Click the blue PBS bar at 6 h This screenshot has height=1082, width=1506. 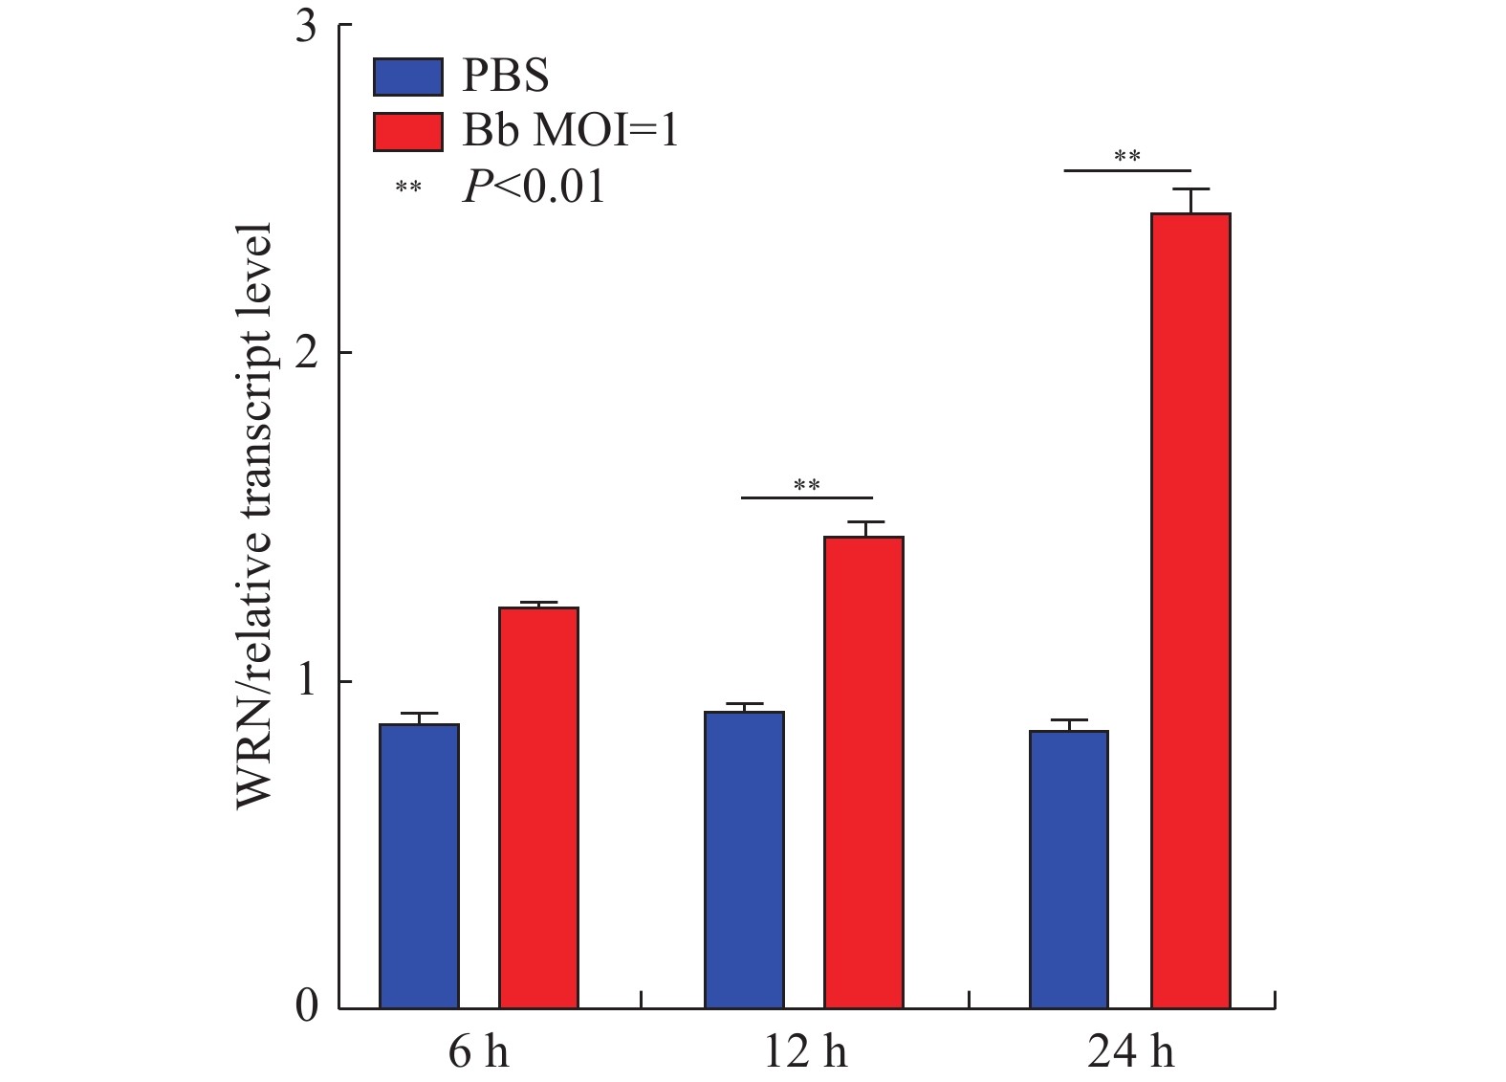(x=419, y=866)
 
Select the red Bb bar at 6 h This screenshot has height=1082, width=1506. (x=538, y=807)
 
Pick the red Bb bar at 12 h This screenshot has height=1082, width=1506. (x=863, y=772)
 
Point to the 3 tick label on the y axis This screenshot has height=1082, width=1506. (x=306, y=26)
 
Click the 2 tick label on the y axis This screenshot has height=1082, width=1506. (x=306, y=353)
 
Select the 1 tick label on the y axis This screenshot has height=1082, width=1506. (x=306, y=681)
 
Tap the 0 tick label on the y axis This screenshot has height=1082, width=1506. (x=306, y=1007)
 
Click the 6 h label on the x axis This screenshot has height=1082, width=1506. (x=478, y=1053)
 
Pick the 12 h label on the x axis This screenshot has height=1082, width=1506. (x=805, y=1053)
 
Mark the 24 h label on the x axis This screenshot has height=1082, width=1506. (x=1130, y=1053)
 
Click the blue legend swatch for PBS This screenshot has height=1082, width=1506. (x=408, y=77)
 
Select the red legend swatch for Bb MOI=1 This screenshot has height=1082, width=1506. (x=408, y=132)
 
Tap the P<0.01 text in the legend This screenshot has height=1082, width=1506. (x=534, y=187)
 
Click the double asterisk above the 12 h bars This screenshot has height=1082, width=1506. (x=806, y=486)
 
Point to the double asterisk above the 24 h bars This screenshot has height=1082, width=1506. (x=1127, y=157)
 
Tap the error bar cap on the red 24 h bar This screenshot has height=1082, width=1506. (x=1190, y=189)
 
